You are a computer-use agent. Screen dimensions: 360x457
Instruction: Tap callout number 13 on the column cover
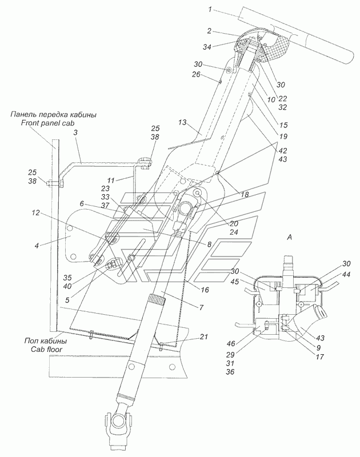pos(182,122)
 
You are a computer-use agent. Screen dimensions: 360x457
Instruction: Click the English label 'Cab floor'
pos(46,349)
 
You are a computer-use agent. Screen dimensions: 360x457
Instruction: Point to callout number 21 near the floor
pos(204,336)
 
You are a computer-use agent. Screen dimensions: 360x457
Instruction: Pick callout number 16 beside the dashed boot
pos(205,290)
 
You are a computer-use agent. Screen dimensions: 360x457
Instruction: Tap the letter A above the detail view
pos(289,238)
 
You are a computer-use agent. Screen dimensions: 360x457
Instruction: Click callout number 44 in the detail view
pos(346,274)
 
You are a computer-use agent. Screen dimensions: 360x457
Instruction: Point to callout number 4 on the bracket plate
pos(37,246)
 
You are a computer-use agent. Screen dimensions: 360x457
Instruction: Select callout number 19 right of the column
pos(283,136)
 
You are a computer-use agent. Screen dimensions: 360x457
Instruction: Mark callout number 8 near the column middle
pos(209,244)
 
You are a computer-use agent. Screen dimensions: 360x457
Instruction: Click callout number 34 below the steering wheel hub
pos(207,47)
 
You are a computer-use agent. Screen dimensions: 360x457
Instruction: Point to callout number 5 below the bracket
pos(67,300)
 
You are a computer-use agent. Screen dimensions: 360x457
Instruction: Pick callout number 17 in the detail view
pos(320,356)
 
